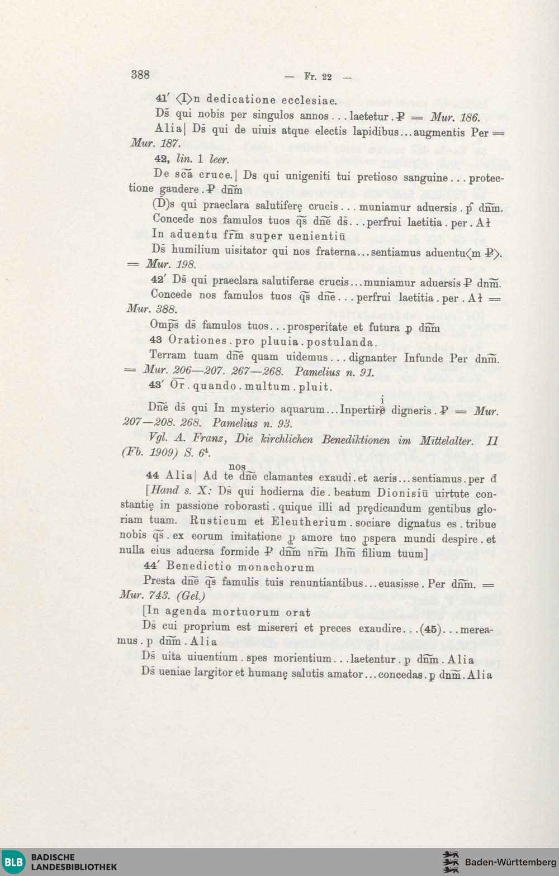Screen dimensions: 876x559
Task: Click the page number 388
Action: pyautogui.click(x=140, y=75)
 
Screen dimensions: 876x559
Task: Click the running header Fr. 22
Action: pyautogui.click(x=318, y=77)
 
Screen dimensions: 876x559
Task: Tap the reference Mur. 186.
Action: pyautogui.click(x=454, y=117)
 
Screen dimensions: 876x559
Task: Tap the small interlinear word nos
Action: pyautogui.click(x=237, y=466)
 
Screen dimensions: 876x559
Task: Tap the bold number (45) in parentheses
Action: pyautogui.click(x=429, y=629)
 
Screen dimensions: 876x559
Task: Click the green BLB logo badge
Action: pyautogui.click(x=14, y=861)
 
